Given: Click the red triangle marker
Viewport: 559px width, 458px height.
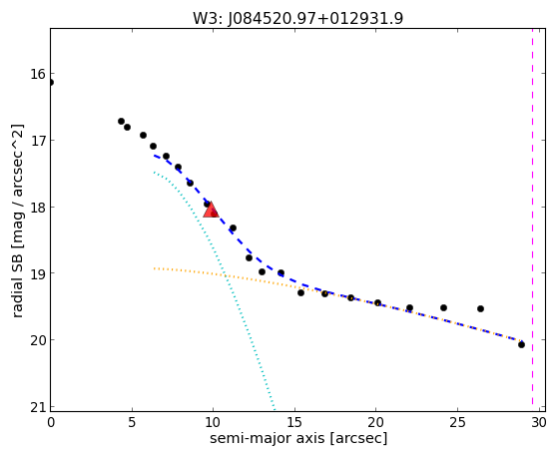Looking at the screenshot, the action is (x=211, y=210).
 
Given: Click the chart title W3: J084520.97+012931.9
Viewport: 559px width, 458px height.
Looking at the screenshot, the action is (x=298, y=19).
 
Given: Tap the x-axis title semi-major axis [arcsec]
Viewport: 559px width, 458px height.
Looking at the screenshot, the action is (x=298, y=438).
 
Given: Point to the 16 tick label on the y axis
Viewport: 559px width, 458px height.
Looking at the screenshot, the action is (x=37, y=74).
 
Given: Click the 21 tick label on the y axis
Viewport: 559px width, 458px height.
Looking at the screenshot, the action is (x=37, y=407).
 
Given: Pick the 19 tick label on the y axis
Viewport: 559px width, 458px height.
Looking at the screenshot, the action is (x=37, y=273).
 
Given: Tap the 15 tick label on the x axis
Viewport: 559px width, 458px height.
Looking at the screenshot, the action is (x=294, y=423).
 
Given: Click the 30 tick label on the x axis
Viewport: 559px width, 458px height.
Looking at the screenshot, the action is (x=539, y=423).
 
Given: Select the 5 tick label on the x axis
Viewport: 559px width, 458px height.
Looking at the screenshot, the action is (x=132, y=423).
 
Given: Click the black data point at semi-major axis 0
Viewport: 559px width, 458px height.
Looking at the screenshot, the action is (x=50, y=83).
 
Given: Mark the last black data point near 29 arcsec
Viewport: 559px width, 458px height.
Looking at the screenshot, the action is (x=521, y=344).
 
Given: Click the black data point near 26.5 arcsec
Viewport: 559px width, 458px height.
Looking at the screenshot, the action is (x=480, y=308).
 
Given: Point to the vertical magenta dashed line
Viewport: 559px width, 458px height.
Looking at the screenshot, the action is (x=533, y=217).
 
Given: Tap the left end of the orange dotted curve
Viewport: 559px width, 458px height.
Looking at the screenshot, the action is (x=154, y=268).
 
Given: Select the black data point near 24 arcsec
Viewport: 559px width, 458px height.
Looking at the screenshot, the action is (x=443, y=307).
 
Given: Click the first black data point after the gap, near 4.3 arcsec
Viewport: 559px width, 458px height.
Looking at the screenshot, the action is (x=121, y=121).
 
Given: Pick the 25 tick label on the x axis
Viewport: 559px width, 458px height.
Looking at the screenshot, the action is (x=457, y=423).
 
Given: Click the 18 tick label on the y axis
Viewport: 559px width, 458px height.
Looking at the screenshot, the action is (x=37, y=208).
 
